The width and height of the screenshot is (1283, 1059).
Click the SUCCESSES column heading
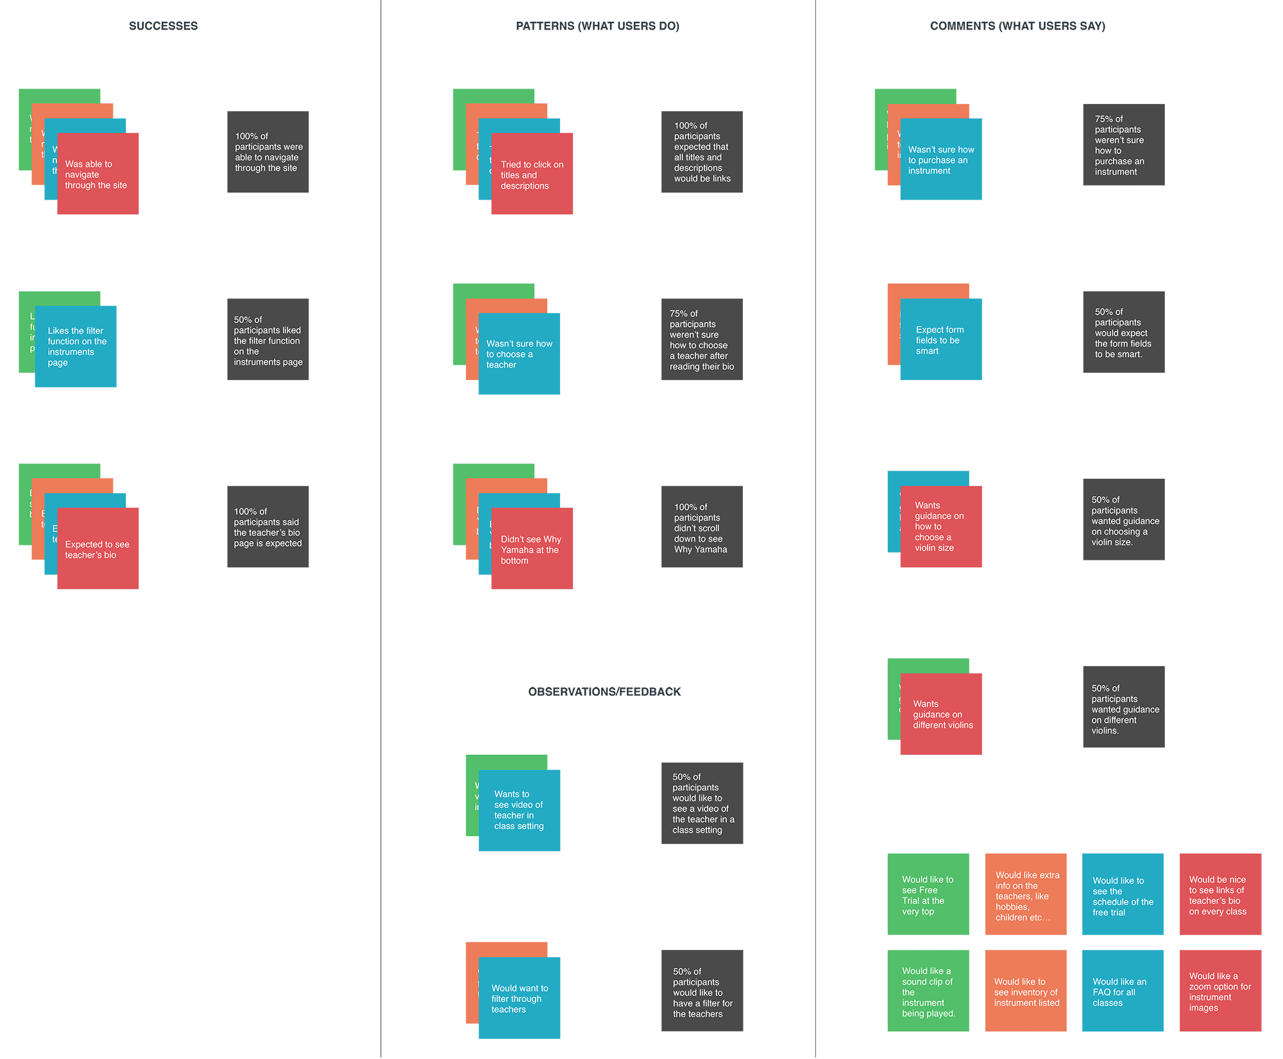(163, 26)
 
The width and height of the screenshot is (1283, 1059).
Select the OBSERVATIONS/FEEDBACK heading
(604, 692)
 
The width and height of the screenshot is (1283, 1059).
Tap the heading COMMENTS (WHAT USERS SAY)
(1017, 26)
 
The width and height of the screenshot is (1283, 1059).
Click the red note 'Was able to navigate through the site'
(98, 174)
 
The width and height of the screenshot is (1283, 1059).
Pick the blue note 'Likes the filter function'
(76, 347)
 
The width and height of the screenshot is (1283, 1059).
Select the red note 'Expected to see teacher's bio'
(98, 549)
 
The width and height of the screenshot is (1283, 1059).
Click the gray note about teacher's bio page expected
(268, 527)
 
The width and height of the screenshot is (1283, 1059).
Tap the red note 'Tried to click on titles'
(532, 174)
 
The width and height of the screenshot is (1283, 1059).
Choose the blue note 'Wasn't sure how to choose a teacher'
(519, 354)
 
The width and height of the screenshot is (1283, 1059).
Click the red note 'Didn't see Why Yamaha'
(532, 549)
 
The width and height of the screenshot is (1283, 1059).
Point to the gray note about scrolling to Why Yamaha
(702, 527)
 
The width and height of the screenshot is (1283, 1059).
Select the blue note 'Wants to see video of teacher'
(519, 810)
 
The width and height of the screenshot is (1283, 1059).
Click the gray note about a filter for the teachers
(702, 991)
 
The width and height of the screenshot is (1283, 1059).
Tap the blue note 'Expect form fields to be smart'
(940, 340)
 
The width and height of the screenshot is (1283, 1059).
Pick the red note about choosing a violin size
(940, 527)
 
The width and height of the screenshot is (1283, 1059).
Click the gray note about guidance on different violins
(1123, 707)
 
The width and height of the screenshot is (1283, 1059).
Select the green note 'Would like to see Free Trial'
(928, 894)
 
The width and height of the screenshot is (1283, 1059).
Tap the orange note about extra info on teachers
(1026, 894)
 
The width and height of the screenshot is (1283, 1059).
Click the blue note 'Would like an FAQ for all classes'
(1123, 991)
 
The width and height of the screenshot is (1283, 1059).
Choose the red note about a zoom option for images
(1220, 991)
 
